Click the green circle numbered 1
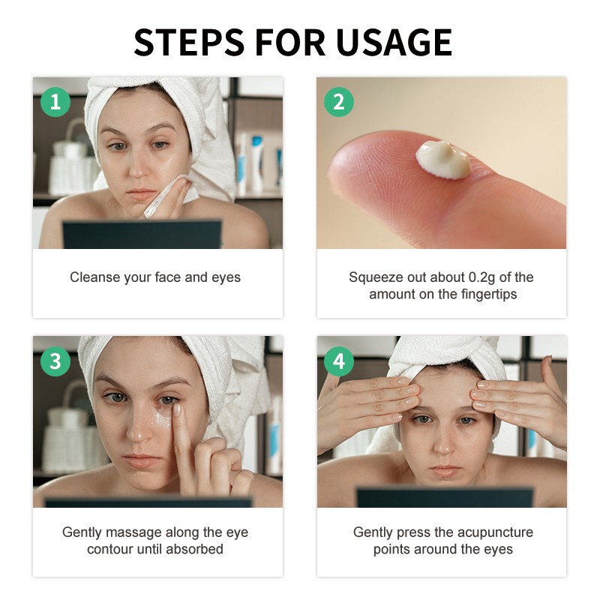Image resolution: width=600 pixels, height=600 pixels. click(55, 100)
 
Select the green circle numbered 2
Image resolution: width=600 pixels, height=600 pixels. click(338, 100)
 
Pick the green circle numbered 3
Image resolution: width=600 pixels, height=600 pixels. click(55, 361)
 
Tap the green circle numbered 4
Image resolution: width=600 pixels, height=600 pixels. click(338, 361)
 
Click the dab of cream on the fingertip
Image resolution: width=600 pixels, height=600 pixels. click(444, 158)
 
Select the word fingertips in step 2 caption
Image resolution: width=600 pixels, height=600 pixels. click(488, 294)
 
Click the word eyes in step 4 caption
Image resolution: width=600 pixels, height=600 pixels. click(499, 549)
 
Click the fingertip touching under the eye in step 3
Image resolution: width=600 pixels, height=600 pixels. click(175, 409)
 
